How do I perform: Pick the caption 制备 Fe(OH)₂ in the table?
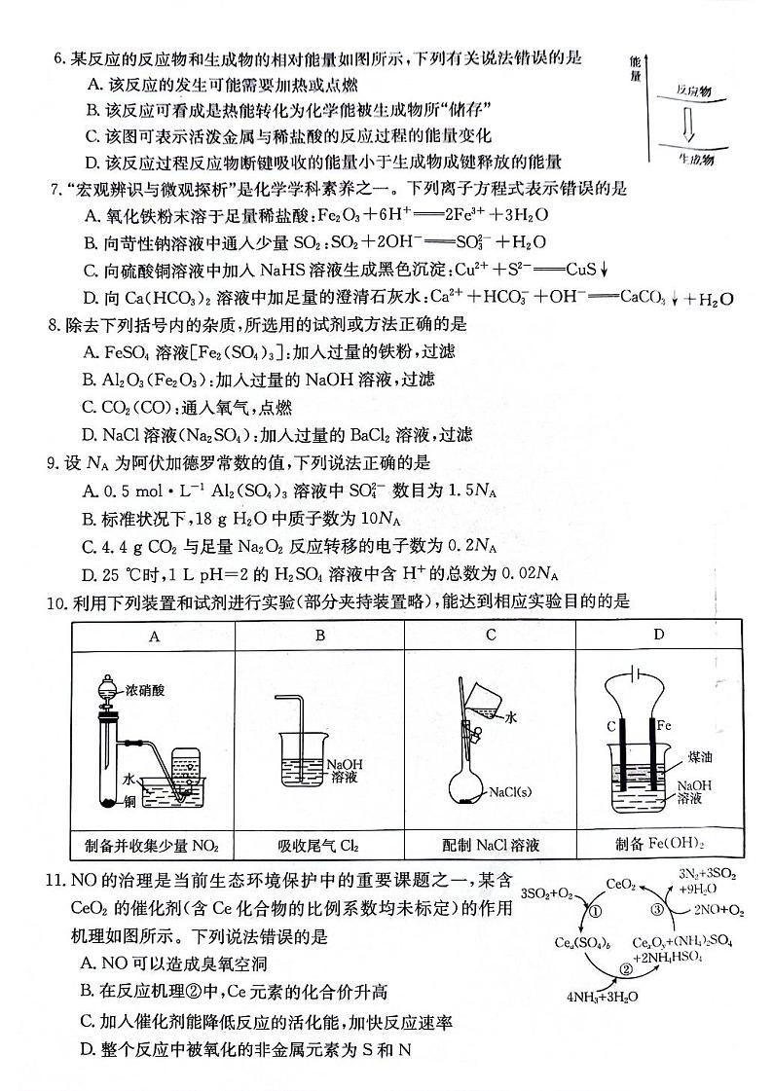coord(659,843)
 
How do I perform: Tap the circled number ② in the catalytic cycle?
coord(626,969)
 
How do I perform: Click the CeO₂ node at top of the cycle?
coord(621,885)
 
